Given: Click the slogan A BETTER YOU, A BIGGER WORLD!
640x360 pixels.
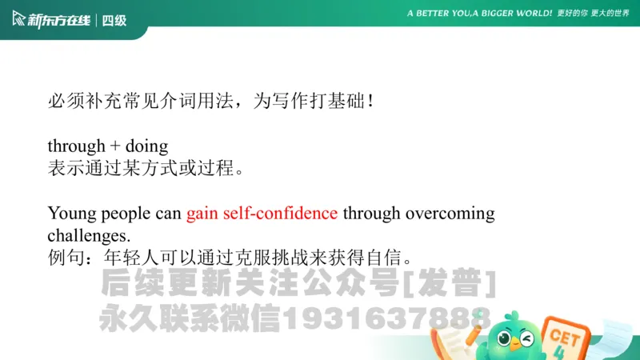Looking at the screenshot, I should (x=479, y=14).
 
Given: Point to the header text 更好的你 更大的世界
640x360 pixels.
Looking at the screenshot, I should (x=594, y=14).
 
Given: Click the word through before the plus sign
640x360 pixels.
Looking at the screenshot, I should (x=76, y=146).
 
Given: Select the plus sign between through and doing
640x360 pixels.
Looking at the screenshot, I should (x=115, y=147).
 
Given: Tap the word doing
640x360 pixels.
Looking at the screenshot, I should (x=146, y=147).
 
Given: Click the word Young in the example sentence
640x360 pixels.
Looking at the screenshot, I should (x=70, y=214).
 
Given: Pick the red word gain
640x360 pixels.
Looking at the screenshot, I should (x=202, y=214).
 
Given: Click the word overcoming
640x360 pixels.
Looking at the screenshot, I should (x=450, y=214).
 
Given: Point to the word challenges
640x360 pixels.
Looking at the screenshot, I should (x=88, y=236).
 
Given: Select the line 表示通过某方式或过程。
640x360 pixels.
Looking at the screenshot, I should (x=145, y=168).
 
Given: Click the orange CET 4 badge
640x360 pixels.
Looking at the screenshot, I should (x=565, y=339).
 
